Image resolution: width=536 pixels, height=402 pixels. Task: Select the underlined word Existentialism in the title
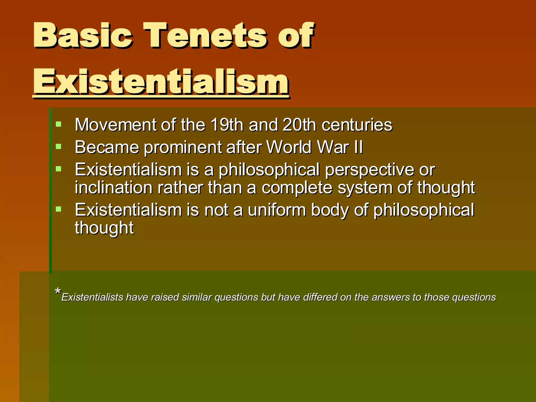click(x=161, y=82)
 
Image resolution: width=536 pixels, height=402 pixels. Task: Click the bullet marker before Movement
click(x=59, y=124)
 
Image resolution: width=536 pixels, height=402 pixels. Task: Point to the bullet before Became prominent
click(x=59, y=146)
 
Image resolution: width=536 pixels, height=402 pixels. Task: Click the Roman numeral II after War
click(x=358, y=147)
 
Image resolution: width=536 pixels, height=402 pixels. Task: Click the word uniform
click(x=277, y=210)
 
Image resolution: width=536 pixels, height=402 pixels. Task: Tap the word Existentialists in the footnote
click(x=92, y=298)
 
